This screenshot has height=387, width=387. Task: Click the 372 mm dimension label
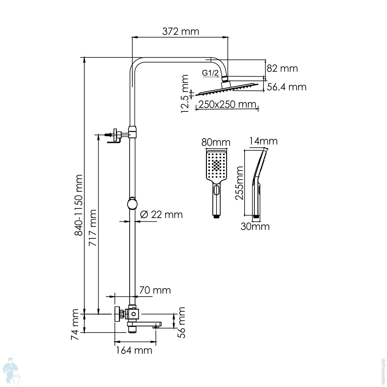click(181, 31)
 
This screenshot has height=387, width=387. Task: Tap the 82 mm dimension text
click(282, 68)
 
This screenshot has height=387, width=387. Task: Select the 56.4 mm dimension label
click(286, 87)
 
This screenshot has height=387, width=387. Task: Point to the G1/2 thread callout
click(210, 73)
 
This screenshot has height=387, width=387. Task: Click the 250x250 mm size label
click(227, 104)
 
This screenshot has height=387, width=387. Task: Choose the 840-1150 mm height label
click(79, 205)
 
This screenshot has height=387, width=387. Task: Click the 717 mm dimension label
click(93, 228)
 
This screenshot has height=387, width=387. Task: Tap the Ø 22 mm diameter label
click(162, 215)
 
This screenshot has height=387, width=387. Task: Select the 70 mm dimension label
click(155, 290)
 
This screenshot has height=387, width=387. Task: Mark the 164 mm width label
click(134, 350)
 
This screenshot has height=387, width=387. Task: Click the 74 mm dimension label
click(75, 324)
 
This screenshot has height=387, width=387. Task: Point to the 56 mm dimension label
click(182, 322)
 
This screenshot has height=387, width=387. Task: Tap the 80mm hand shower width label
click(216, 142)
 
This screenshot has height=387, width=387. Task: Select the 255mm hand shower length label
click(239, 183)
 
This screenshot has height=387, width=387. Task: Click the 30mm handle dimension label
click(255, 226)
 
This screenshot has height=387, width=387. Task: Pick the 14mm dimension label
click(263, 141)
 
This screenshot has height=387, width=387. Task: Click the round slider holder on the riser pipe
click(132, 204)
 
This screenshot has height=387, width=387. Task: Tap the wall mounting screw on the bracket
click(108, 134)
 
